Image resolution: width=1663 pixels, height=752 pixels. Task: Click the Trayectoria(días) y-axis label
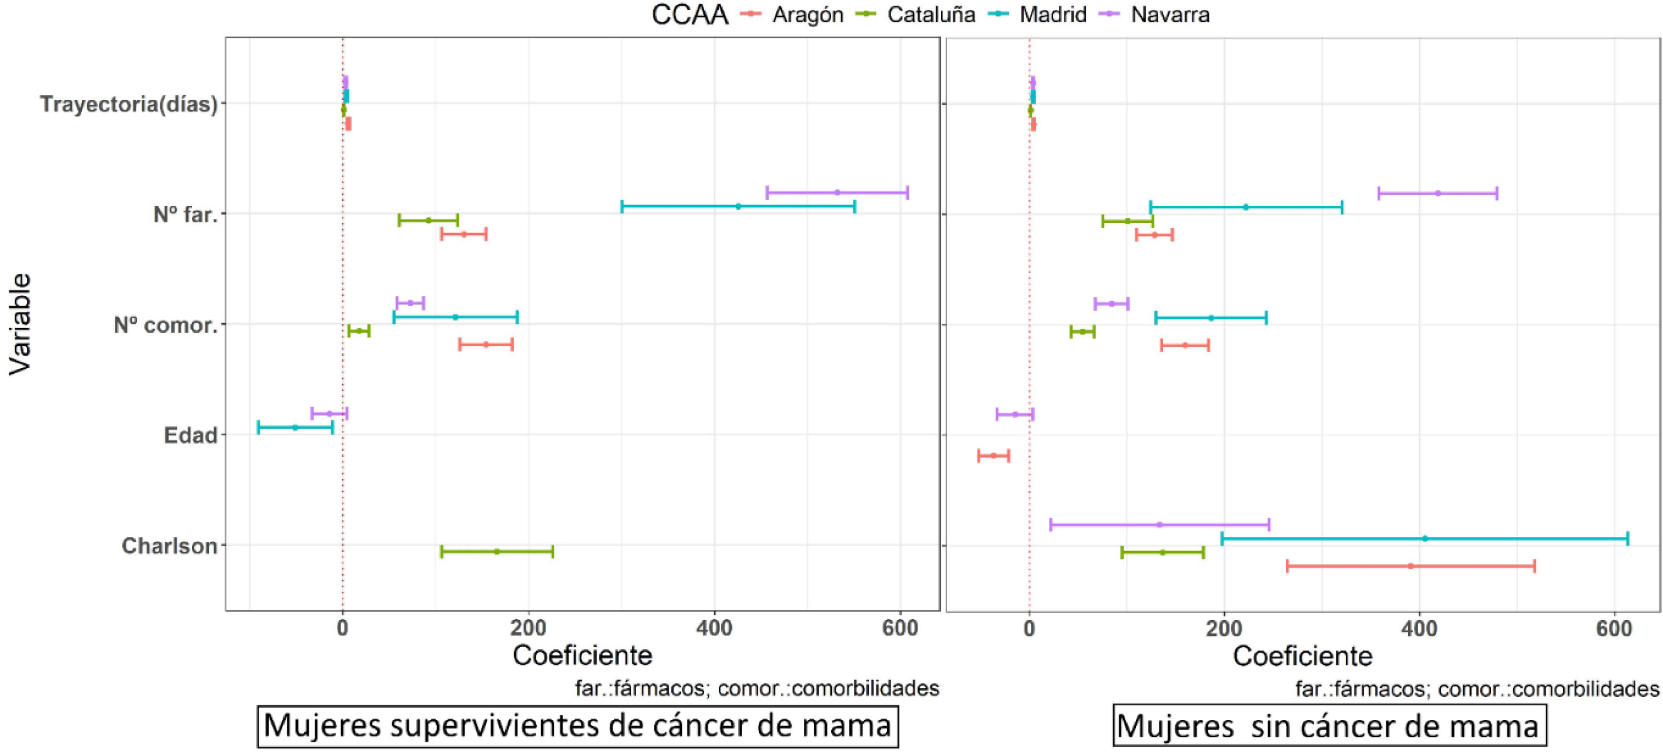click(128, 104)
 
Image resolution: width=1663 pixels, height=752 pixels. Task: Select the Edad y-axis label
click(190, 435)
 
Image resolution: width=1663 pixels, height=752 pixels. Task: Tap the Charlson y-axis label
click(169, 546)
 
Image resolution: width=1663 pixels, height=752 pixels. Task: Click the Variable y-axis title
click(20, 323)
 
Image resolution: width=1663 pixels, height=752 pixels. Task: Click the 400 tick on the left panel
click(714, 628)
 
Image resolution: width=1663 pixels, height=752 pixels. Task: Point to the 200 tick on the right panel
click(1224, 628)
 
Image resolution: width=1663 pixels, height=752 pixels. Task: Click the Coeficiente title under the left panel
click(582, 655)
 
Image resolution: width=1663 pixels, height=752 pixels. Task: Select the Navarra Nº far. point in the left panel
click(837, 192)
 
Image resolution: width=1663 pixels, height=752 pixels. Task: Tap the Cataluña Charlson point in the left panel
click(496, 551)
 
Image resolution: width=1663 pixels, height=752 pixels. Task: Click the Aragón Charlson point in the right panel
click(1410, 566)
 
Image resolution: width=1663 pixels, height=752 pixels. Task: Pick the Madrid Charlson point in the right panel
click(1425, 538)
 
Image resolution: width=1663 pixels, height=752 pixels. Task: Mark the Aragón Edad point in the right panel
click(993, 456)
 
